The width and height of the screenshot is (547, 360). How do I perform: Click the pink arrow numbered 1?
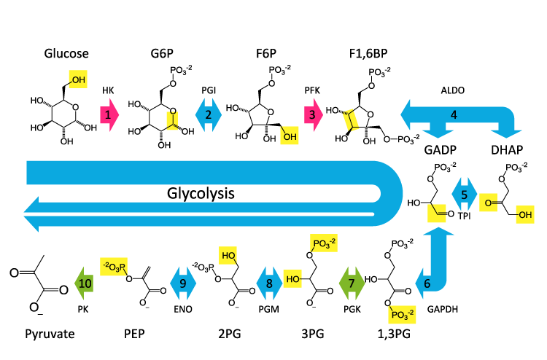(108, 115)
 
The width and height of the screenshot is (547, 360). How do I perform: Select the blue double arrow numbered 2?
(209, 115)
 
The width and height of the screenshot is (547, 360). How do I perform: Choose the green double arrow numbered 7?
(351, 282)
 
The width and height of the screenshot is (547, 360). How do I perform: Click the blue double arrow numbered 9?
(183, 282)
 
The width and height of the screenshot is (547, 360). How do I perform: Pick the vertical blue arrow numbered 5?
(464, 196)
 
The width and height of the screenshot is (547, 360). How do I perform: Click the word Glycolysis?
(202, 195)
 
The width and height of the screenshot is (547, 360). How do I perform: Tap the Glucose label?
(66, 53)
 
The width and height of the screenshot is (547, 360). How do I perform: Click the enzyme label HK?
(107, 90)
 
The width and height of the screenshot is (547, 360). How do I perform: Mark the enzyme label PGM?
(269, 309)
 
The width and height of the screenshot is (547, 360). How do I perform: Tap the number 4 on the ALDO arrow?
(454, 114)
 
